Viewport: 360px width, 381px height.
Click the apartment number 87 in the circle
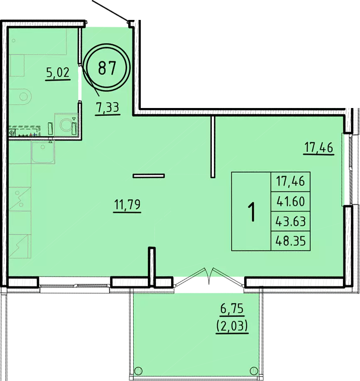[107, 68]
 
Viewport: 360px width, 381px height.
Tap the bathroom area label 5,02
[58, 72]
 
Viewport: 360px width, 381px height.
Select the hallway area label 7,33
[108, 107]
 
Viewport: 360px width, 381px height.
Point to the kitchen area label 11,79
[127, 205]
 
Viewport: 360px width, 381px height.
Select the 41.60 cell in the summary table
[290, 202]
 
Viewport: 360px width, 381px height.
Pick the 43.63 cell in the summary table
[290, 221]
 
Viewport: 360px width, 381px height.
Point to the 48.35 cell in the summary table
[290, 241]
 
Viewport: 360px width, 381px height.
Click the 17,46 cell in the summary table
[290, 181]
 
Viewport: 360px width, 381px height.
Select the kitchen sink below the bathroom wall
[43, 152]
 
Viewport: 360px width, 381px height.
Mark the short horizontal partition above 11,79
[149, 176]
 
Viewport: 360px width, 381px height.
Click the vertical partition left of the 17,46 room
[213, 147]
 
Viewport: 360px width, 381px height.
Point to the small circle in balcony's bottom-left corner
[138, 371]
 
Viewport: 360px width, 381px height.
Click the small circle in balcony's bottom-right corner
[254, 371]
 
